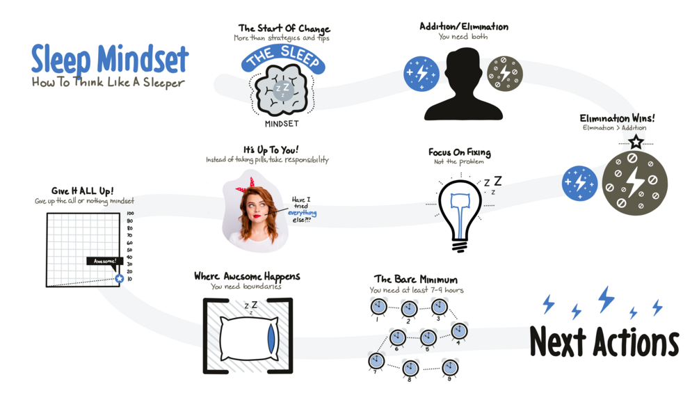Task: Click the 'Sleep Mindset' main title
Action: pos(109,60)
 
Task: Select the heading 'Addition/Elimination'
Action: pos(463,26)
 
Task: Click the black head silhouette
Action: pos(463,85)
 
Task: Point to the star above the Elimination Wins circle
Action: pos(636,142)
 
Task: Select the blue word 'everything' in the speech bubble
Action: pos(303,213)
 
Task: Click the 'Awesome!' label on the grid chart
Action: pos(105,261)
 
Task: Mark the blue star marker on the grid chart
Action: pos(119,278)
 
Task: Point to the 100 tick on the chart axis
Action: pos(130,214)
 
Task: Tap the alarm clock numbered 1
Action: pos(378,307)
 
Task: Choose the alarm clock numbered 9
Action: pos(450,367)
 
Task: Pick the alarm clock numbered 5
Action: pos(428,338)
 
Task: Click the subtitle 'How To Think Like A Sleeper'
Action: pos(108,83)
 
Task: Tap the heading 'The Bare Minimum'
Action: pos(415,279)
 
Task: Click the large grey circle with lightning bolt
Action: pos(634,182)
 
